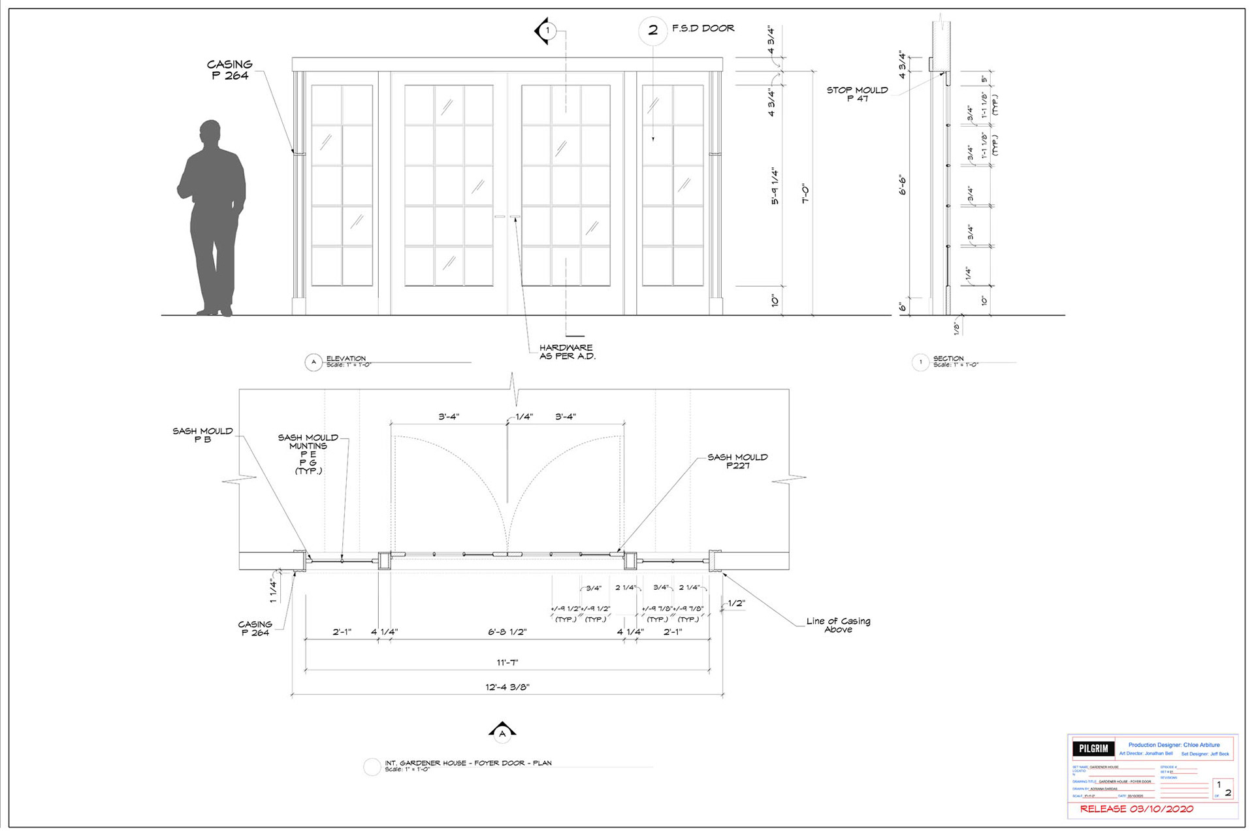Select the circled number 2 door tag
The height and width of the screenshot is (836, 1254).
652,30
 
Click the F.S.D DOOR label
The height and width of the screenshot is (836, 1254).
703,28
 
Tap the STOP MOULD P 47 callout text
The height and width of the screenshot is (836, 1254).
857,94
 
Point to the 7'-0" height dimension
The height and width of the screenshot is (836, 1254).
805,194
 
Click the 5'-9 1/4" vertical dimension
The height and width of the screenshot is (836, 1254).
775,187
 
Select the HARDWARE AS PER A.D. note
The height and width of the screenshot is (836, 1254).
567,352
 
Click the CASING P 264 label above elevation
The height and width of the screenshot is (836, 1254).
229,70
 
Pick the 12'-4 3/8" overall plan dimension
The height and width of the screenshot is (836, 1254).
507,687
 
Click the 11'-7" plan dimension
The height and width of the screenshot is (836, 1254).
507,662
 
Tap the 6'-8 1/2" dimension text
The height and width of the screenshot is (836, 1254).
507,632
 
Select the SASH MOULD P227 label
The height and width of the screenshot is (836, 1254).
737,461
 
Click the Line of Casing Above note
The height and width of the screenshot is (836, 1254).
838,625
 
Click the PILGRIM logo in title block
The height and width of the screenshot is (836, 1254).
1093,748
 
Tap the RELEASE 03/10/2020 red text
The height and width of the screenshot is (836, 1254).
1136,809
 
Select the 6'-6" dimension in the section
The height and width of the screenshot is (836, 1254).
903,184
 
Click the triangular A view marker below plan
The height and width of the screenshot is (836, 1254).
502,731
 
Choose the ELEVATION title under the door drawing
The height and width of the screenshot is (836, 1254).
346,359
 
